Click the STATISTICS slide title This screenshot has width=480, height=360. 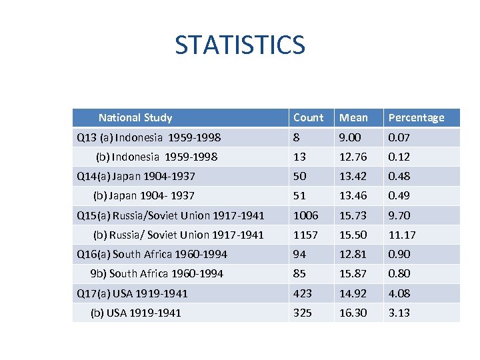239,45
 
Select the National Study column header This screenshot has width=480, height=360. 135,118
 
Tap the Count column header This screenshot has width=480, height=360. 308,118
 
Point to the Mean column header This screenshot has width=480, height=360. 353,118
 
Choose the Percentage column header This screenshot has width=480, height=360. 416,118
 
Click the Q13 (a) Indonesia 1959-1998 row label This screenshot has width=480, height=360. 149,137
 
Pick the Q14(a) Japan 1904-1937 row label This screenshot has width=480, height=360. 136,177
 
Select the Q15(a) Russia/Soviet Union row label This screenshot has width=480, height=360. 171,215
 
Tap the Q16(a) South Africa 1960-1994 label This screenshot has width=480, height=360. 152,254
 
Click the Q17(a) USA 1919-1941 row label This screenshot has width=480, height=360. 133,293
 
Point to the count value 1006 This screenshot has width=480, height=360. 306,215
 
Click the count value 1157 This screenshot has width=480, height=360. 306,235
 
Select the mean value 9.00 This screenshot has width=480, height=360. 351,137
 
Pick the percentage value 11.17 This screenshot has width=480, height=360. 402,235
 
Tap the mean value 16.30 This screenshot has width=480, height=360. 353,313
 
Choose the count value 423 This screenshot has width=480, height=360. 303,293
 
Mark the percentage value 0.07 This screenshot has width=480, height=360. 399,137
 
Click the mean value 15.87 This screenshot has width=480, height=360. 353,273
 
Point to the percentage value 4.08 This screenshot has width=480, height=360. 399,293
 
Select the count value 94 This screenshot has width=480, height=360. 300,254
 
